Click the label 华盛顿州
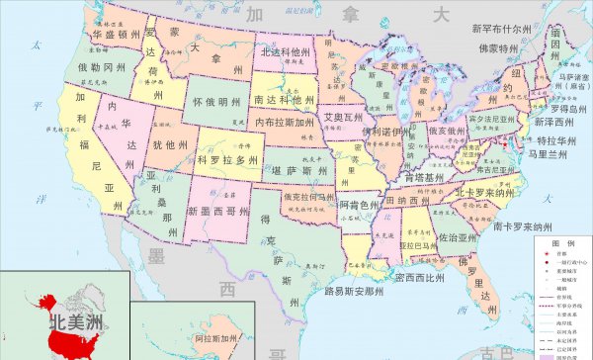[116, 34]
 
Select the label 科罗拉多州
[227, 159]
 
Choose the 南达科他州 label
[284, 101]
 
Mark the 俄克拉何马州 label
[308, 197]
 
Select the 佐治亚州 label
[458, 238]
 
